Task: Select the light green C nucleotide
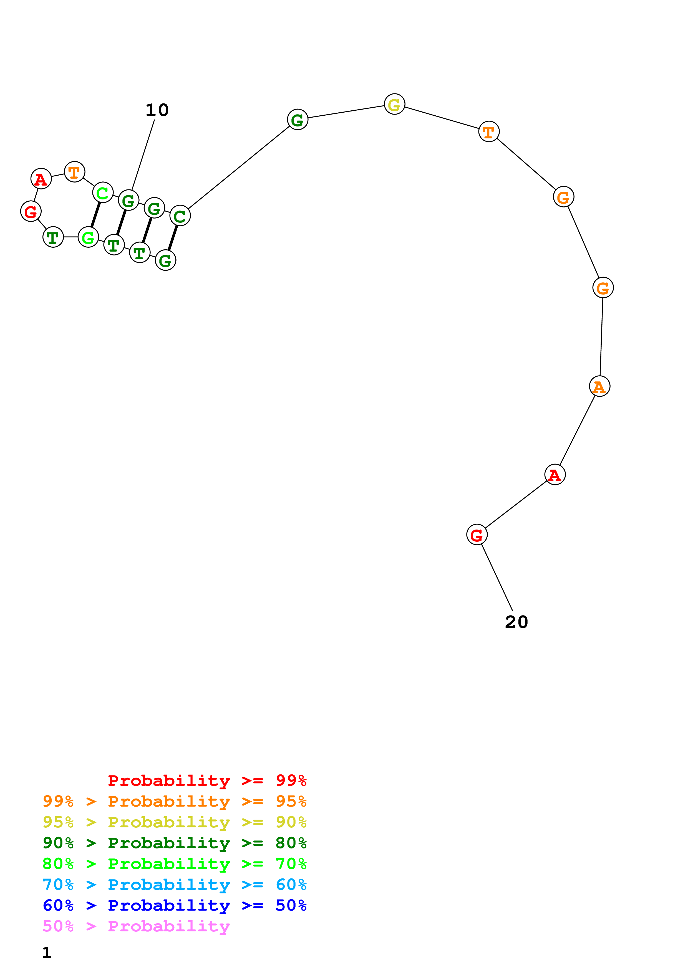103,193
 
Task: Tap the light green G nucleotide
88,237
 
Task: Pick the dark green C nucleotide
180,216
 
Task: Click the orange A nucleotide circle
599,386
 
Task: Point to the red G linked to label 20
477,535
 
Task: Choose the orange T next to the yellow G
489,132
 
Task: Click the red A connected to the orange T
41,179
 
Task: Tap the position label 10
157,110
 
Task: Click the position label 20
516,622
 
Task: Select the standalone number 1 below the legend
47,953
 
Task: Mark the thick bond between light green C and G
96,215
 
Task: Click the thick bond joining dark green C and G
173,238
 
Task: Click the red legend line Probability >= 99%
207,781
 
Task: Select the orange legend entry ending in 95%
175,801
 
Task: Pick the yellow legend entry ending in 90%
175,822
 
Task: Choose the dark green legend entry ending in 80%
175,843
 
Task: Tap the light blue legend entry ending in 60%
175,885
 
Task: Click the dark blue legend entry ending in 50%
175,905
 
